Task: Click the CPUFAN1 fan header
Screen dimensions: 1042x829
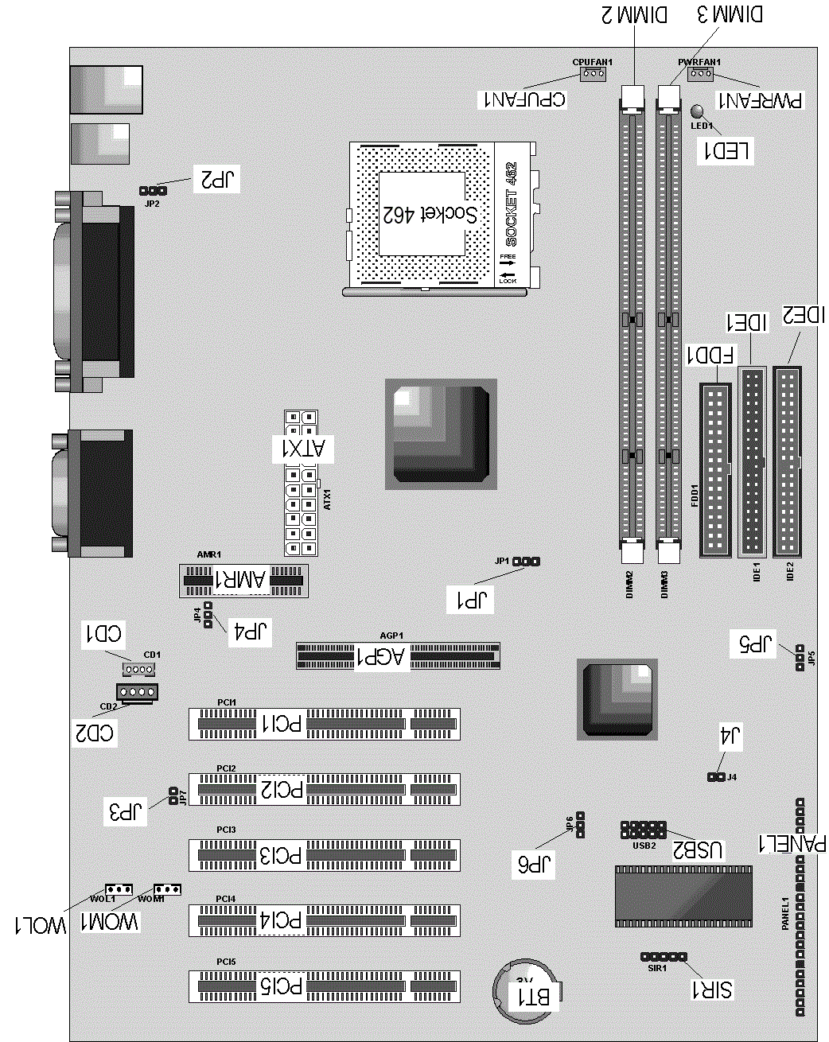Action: tap(593, 75)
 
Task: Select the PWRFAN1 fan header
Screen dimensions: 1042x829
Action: tap(700, 75)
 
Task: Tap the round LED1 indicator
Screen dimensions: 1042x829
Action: tap(698, 111)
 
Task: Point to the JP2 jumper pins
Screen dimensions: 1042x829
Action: tap(152, 191)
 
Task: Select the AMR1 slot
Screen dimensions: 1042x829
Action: tap(243, 581)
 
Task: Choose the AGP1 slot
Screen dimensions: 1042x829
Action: tap(398, 656)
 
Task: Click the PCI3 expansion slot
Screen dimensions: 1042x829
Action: tap(324, 855)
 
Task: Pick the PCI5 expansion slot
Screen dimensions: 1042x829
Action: tap(324, 986)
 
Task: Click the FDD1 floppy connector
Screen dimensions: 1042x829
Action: tap(714, 469)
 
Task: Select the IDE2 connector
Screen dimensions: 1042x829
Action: tap(787, 461)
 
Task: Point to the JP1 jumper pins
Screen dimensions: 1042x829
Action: tap(526, 562)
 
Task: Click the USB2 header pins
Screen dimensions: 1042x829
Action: tap(643, 830)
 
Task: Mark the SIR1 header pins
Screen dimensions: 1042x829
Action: tap(664, 957)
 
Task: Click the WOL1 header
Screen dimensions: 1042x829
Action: tap(119, 888)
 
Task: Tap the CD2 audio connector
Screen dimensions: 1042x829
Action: tap(137, 692)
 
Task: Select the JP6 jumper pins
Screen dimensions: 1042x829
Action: tap(580, 824)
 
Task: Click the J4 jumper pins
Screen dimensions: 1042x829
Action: tap(716, 776)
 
